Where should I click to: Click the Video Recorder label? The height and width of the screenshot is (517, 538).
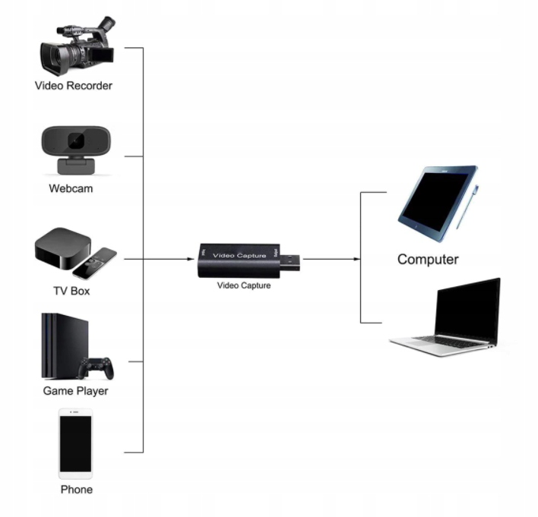pos(73,86)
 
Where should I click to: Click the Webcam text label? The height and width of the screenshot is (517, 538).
pos(71,188)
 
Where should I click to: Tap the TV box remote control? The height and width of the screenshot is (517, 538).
pos(96,263)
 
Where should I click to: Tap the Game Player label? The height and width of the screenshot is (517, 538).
pos(75,391)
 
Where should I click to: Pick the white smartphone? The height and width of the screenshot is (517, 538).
pos(75,444)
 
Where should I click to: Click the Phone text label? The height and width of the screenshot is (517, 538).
pos(76,490)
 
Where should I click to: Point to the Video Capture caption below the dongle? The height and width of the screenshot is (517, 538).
pos(243,286)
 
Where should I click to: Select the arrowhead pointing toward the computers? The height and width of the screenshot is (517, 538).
pos(356,259)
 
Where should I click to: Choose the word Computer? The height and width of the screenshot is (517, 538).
pos(428,260)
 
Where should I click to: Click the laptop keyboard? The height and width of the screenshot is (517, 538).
pos(448,341)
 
